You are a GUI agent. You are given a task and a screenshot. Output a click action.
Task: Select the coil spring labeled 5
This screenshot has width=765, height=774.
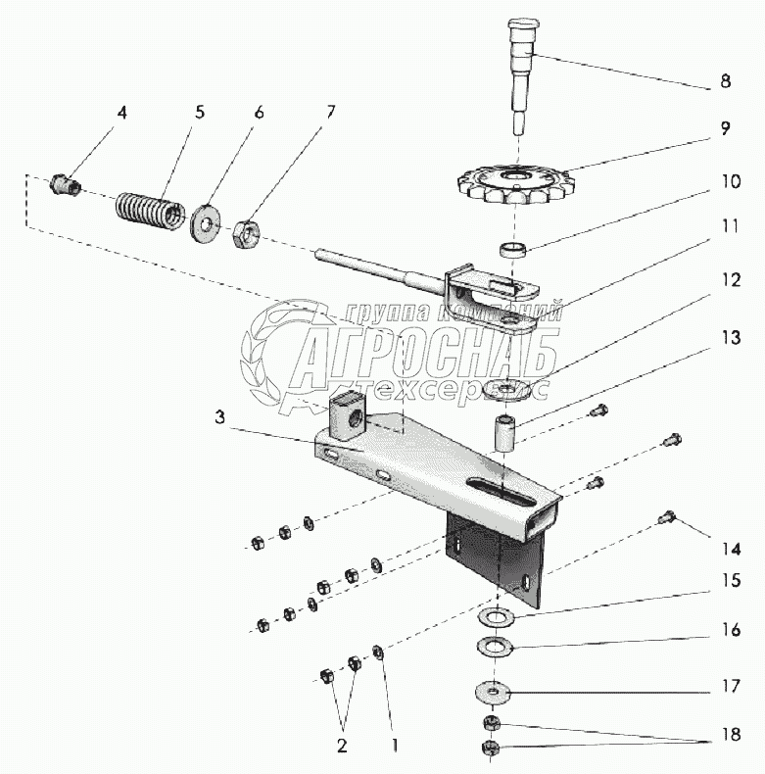tap(150, 209)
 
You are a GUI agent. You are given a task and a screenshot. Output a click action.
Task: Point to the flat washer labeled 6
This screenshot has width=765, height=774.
tap(206, 222)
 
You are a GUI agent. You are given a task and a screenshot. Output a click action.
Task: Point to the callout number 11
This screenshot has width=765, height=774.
tap(726, 225)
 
